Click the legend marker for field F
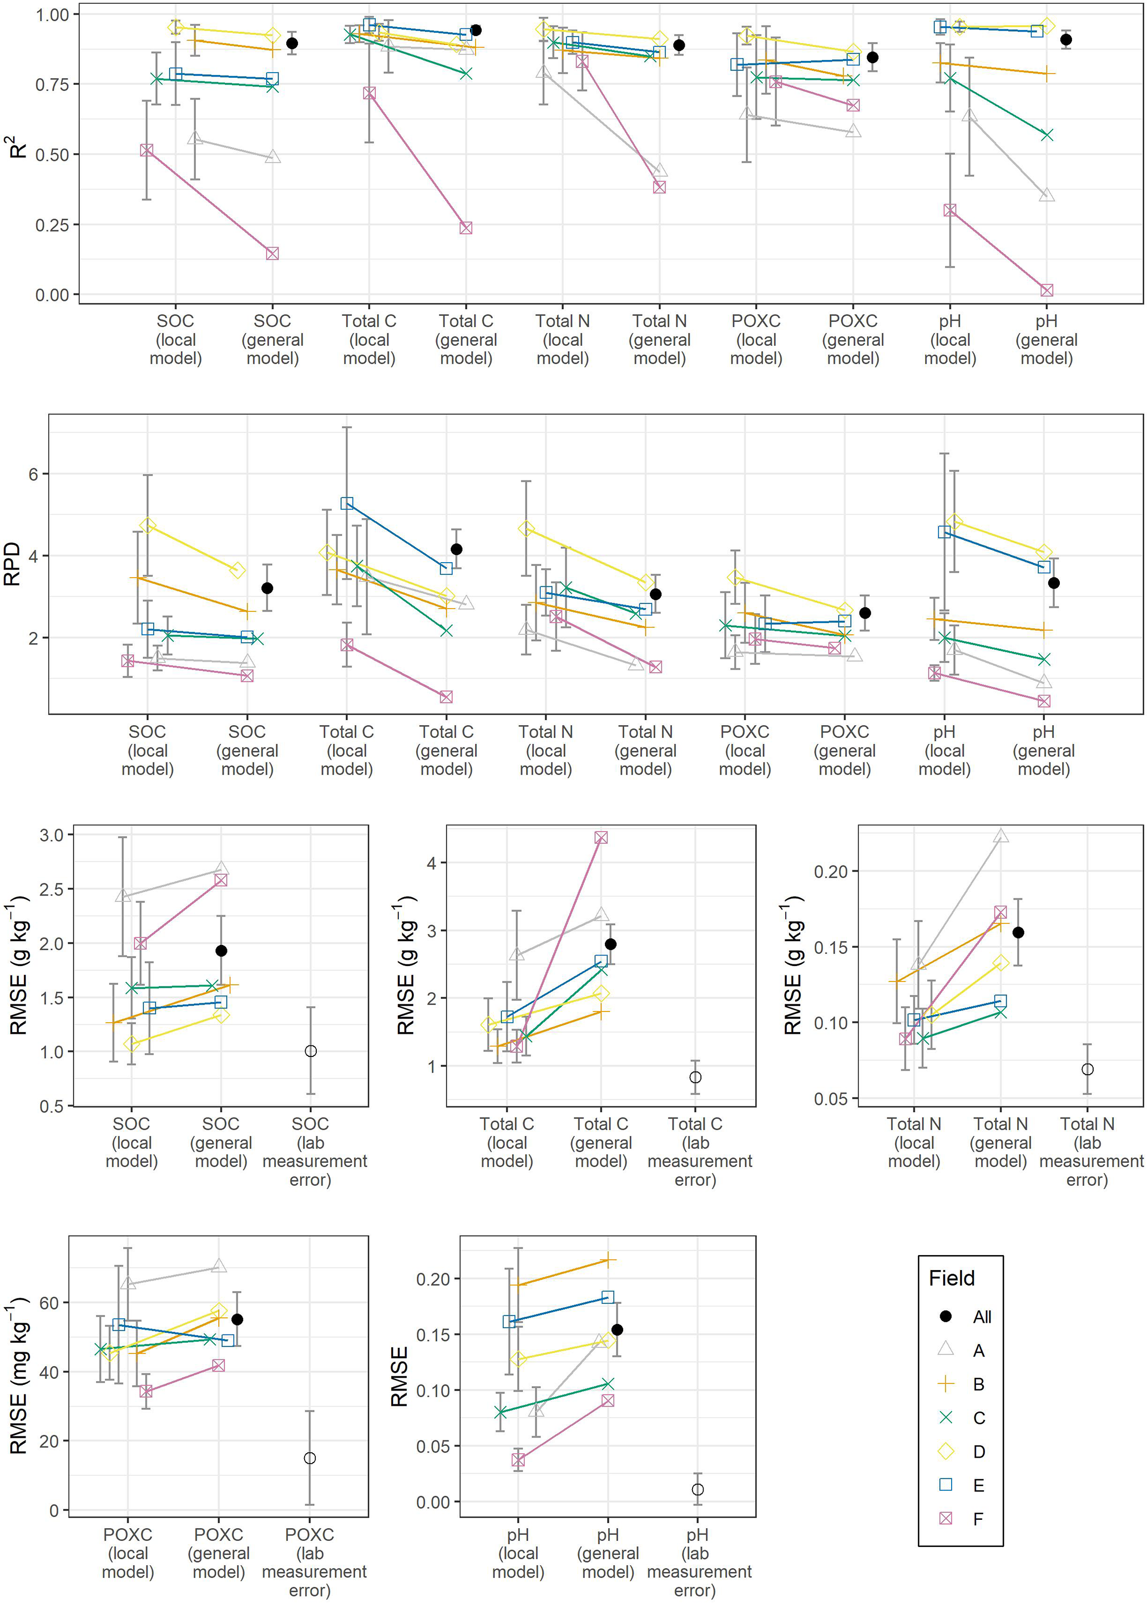945,1518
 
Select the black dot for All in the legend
945,1316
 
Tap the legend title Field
951,1278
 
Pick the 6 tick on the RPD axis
33,474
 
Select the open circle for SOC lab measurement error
311,1051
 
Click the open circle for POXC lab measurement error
309,1458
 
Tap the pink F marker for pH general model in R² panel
1047,290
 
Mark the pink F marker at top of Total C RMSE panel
601,837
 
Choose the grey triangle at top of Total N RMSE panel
1001,836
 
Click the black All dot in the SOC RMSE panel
221,950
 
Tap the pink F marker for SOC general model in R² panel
272,254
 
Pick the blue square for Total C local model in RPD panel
347,503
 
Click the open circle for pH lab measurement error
698,1489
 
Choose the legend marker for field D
945,1451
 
